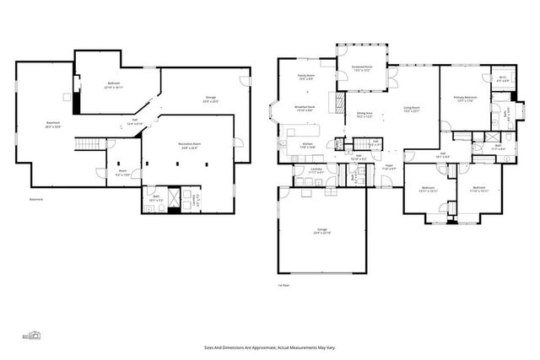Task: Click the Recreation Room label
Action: point(188,145)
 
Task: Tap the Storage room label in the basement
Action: point(210,99)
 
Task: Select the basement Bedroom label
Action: point(114,84)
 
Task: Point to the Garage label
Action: point(322,230)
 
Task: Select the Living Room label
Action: point(412,109)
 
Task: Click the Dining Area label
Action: point(364,114)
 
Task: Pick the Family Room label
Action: point(306,78)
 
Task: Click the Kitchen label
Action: point(308,145)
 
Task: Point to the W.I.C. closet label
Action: point(502,79)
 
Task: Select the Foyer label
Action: point(389,167)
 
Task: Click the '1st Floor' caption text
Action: point(284,286)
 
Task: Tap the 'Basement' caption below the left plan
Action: point(36,200)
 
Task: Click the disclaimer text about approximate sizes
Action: point(269,346)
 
